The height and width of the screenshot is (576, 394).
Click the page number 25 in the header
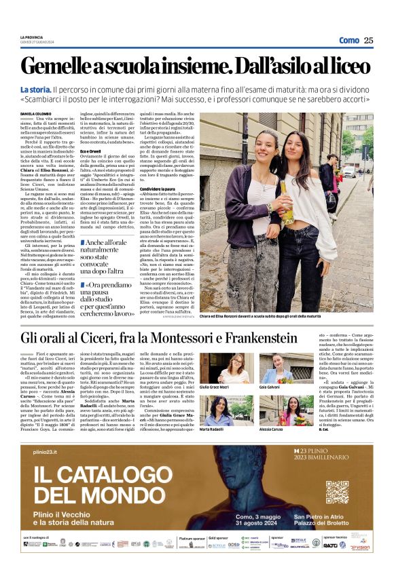tap(368, 40)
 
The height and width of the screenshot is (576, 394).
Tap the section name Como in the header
tap(349, 40)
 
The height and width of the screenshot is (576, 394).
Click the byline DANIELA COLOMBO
tap(35, 114)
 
